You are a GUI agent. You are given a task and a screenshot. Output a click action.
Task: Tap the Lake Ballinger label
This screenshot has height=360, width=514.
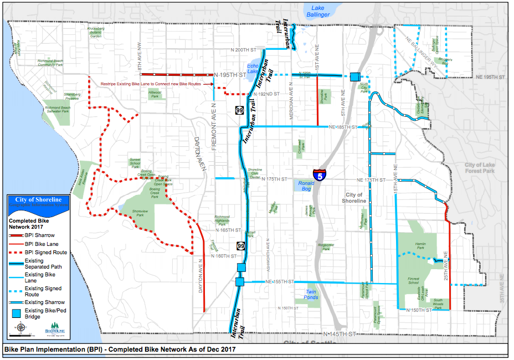pos(317,11)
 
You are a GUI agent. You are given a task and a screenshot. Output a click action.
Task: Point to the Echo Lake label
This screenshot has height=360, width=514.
pos(254,69)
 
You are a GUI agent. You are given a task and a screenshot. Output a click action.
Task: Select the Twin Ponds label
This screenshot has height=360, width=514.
pos(311,294)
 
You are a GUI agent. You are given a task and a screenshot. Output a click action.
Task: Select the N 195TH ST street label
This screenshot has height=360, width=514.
pos(229,74)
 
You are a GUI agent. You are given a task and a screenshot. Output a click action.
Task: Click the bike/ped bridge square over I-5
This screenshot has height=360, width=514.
pos(354,76)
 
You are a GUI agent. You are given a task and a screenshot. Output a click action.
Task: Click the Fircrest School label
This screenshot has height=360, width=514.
pos(414,281)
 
